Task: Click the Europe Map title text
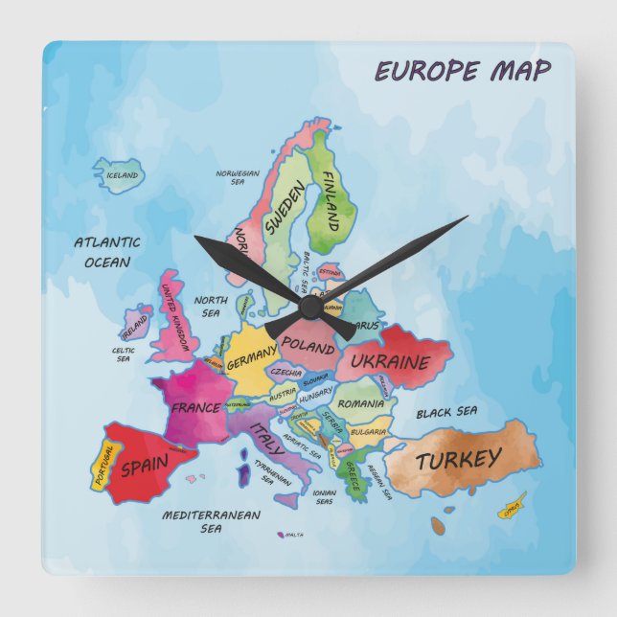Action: click(462, 71)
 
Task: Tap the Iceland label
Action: click(122, 175)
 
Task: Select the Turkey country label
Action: click(458, 460)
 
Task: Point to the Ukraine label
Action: click(389, 362)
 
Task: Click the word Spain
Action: click(145, 467)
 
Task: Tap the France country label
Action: click(195, 407)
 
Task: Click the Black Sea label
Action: click(446, 413)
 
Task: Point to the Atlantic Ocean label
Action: click(107, 252)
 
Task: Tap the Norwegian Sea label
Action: click(238, 177)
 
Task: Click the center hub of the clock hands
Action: click(309, 305)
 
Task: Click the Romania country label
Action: click(361, 403)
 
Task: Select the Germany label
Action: click(251, 356)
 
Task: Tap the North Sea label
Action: click(211, 306)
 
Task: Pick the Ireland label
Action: click(135, 326)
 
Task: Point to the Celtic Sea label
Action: click(123, 354)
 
